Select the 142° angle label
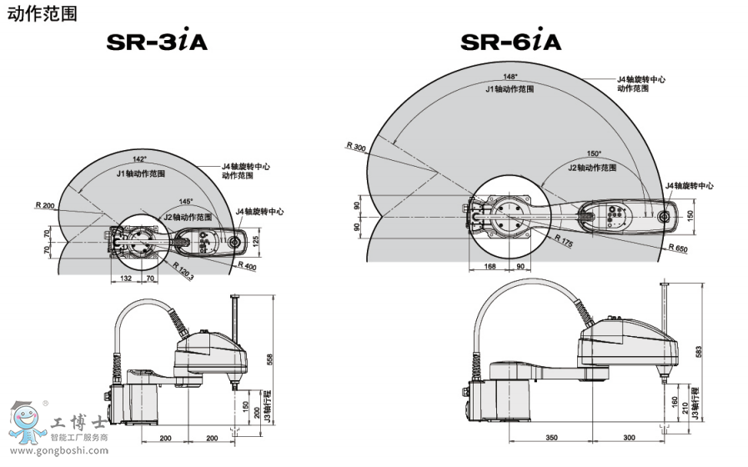(140, 158)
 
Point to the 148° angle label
(510, 77)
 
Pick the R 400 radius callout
(247, 266)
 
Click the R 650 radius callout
(678, 248)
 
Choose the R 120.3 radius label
(183, 270)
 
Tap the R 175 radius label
(564, 240)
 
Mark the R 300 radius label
(356, 147)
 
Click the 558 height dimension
(269, 359)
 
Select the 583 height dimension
(699, 352)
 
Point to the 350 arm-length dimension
(551, 438)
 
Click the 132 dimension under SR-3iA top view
(125, 278)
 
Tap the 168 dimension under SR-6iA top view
(490, 266)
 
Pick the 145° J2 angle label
(186, 201)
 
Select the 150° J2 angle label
(594, 153)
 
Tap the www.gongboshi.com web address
(59, 450)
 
